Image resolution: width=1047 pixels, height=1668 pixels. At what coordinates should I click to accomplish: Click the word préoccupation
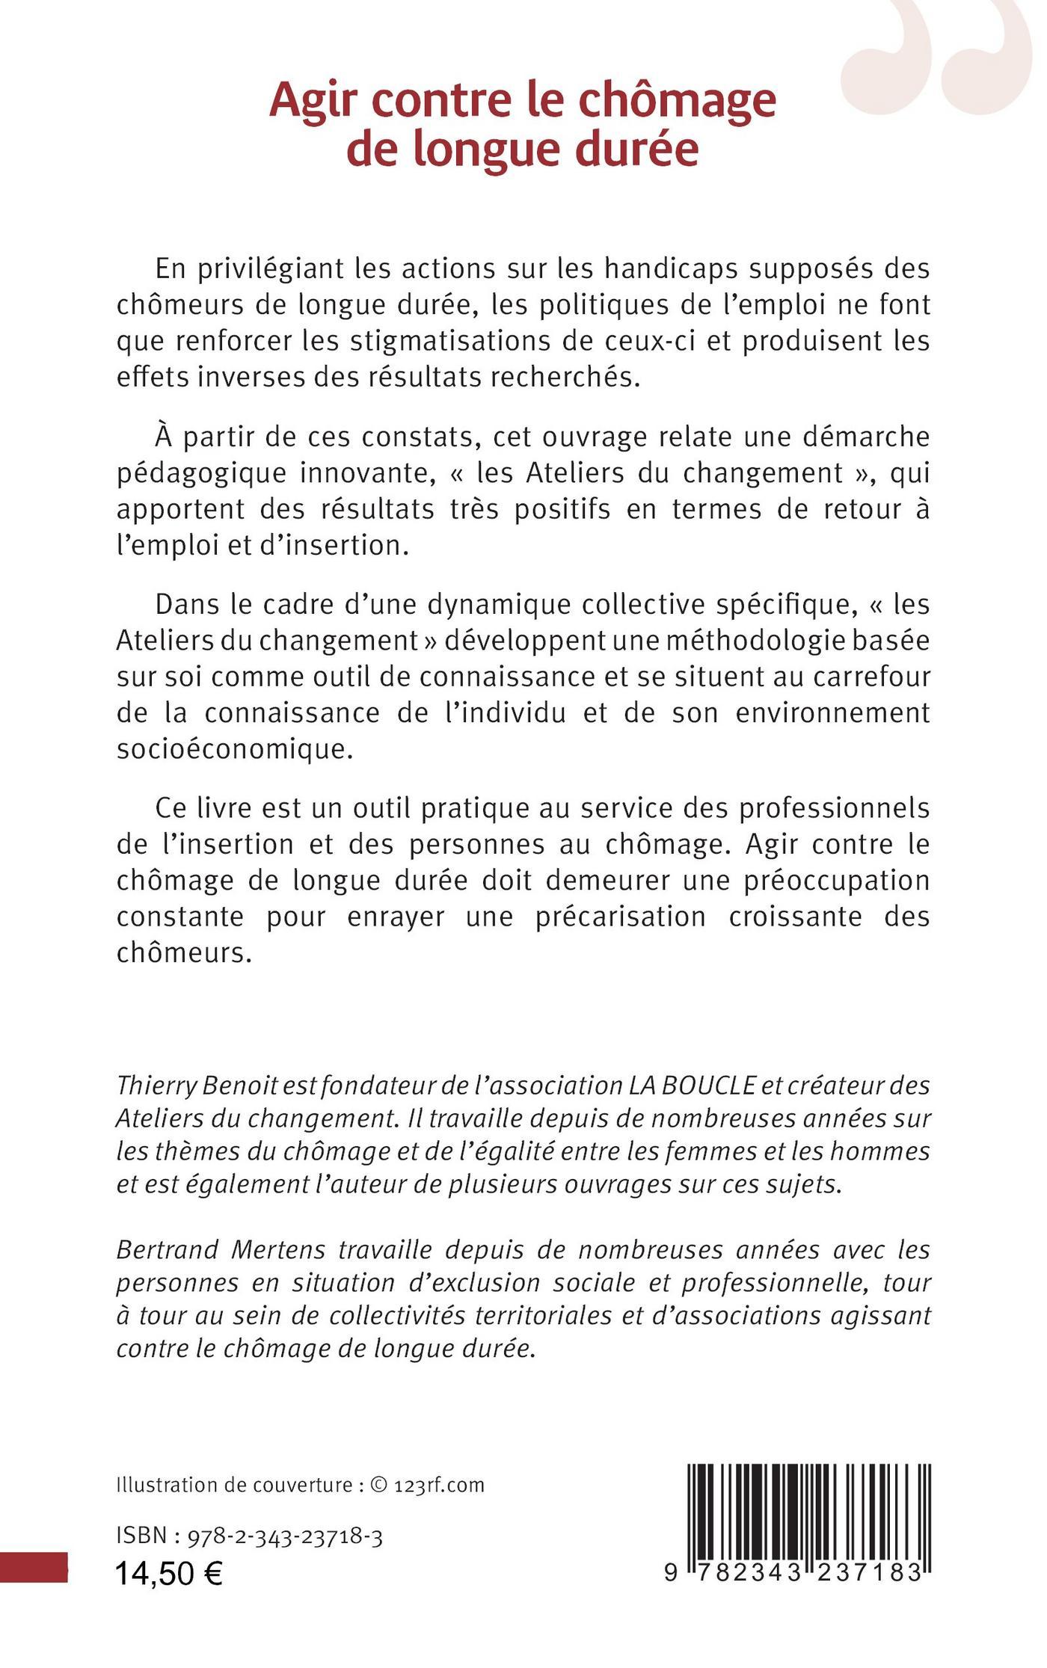[836, 880]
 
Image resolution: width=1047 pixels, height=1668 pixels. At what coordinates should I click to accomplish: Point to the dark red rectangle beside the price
[33, 1568]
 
